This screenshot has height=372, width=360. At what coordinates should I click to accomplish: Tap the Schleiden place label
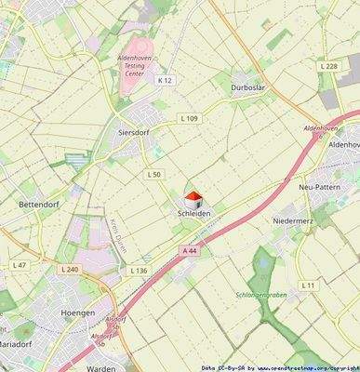coord(193,214)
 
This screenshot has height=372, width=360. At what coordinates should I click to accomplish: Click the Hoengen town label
coord(77,313)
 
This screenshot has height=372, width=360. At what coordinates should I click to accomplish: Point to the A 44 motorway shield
coord(190,251)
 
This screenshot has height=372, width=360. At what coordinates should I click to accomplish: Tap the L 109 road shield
coord(189,118)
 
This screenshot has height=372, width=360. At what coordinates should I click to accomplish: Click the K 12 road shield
coord(165,81)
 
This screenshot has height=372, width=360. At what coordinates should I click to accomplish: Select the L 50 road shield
coord(153,175)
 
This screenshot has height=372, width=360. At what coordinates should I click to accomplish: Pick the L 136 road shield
coord(139,270)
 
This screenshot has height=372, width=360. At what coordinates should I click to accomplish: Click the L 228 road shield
coord(328,66)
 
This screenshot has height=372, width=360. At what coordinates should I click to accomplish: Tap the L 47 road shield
coord(20,265)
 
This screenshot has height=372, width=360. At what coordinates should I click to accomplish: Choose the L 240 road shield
coord(72,269)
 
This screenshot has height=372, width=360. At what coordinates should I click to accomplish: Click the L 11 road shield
coord(308,284)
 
